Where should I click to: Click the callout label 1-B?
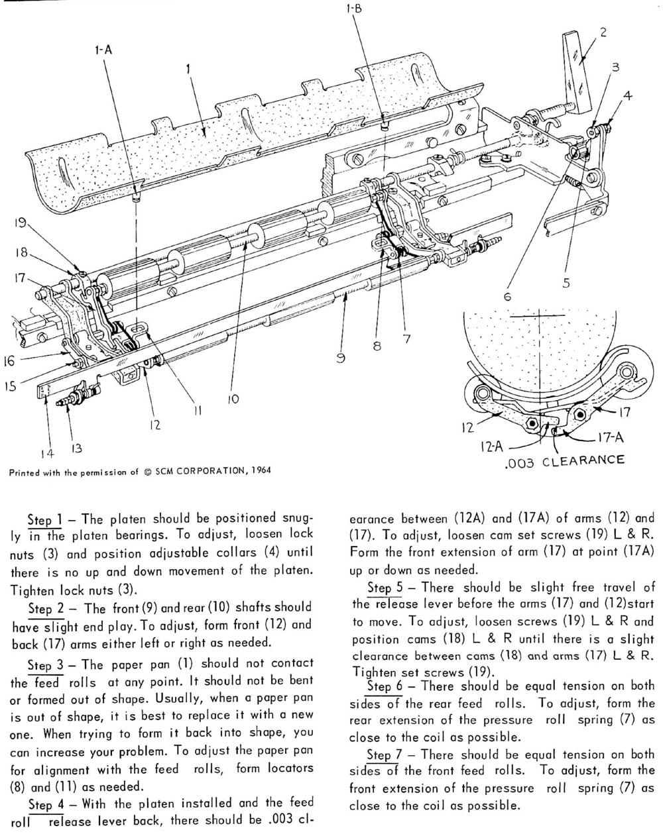[x=353, y=9]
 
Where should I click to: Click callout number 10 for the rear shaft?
[x=232, y=399]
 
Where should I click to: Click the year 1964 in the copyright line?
[x=257, y=471]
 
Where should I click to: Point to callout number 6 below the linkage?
[x=507, y=297]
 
